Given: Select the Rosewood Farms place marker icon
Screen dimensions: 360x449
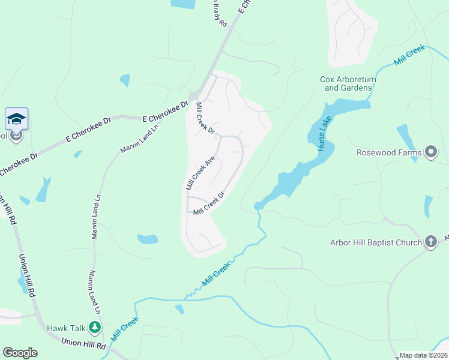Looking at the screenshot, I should pyautogui.click(x=430, y=152).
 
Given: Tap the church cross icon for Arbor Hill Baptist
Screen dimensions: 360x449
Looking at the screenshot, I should pyautogui.click(x=430, y=242).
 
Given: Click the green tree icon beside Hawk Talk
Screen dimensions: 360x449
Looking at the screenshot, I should pyautogui.click(x=94, y=328).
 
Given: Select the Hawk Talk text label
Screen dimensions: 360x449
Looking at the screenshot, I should pyautogui.click(x=67, y=328).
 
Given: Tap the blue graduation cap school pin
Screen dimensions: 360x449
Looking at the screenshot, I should pyautogui.click(x=17, y=119).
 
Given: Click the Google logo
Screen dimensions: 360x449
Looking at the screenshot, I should pyautogui.click(x=20, y=353).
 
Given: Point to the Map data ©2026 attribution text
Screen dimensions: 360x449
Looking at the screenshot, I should pyautogui.click(x=424, y=355).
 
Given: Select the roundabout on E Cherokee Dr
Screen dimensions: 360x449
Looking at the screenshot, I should pyautogui.click(x=194, y=96).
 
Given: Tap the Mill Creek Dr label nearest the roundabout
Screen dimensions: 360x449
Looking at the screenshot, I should pyautogui.click(x=205, y=119).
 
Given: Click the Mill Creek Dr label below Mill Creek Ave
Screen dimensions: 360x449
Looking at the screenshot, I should pyautogui.click(x=208, y=202).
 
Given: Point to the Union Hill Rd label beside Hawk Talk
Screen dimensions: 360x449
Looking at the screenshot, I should pyautogui.click(x=84, y=343).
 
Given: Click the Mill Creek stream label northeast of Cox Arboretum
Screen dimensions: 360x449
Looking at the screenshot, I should pyautogui.click(x=409, y=55).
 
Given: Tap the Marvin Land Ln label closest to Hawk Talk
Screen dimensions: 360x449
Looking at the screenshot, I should pyautogui.click(x=94, y=292).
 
